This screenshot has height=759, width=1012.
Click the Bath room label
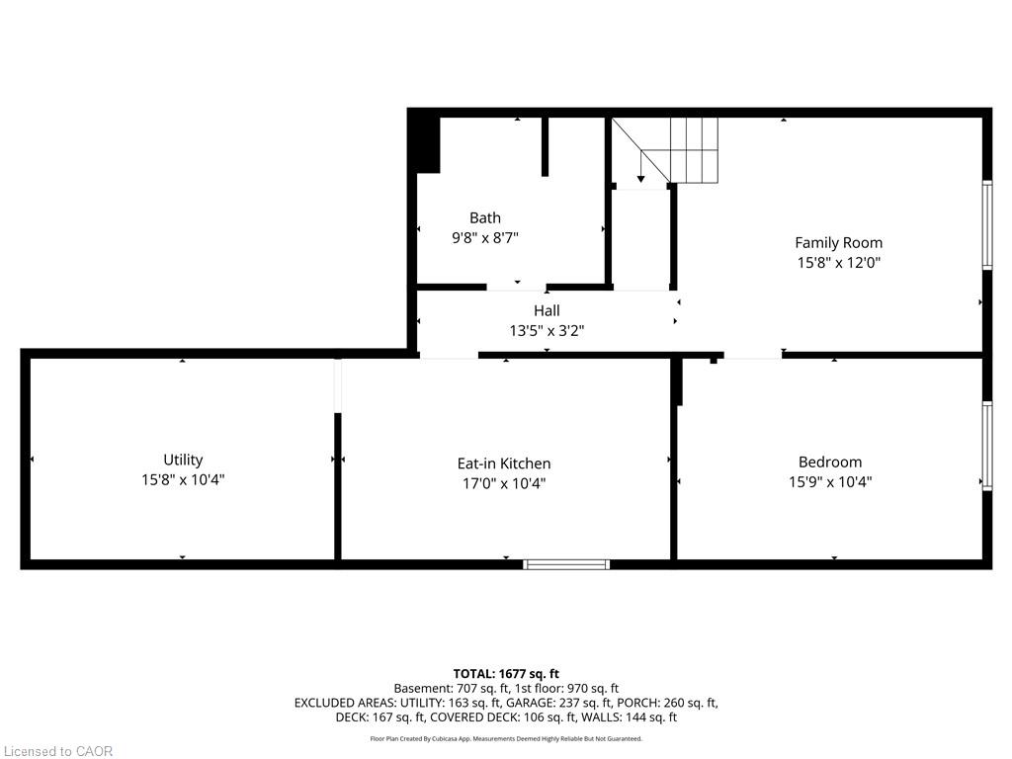(x=484, y=217)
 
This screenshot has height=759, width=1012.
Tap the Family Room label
(x=838, y=243)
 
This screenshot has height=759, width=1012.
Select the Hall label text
(x=547, y=310)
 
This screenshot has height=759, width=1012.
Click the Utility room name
(x=183, y=460)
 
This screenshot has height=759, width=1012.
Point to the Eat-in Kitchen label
(x=504, y=464)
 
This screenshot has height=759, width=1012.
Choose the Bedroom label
(x=830, y=463)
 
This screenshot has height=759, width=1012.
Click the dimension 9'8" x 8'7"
(x=484, y=237)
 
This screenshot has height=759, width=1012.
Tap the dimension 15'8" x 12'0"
(x=838, y=263)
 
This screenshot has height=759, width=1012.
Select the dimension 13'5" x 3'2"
(x=547, y=330)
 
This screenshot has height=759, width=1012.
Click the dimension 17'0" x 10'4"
(x=504, y=483)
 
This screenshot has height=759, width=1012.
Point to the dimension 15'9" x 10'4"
(x=830, y=482)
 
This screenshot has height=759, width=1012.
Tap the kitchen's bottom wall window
(x=566, y=564)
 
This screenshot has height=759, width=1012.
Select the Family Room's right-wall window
(x=987, y=224)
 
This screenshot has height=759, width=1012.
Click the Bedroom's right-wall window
(x=987, y=446)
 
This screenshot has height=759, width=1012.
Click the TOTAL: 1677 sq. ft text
(x=506, y=674)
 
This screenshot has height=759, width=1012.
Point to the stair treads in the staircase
(x=694, y=150)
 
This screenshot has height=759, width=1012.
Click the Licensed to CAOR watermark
(x=57, y=751)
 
